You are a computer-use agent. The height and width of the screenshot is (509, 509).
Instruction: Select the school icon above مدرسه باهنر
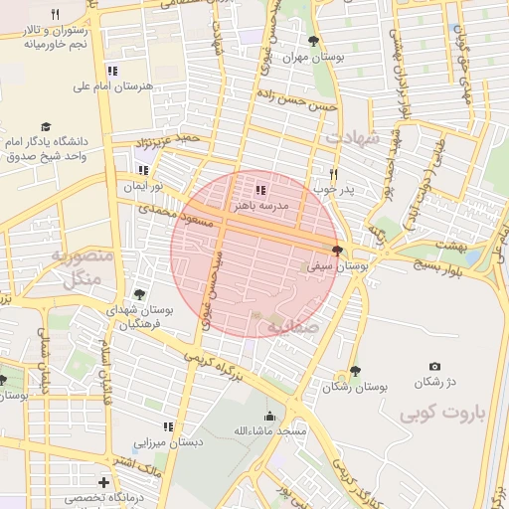tap(260, 189)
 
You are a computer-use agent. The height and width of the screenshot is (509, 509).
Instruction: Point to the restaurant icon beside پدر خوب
tap(334, 172)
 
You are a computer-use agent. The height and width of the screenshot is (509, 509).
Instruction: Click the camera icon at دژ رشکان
tap(433, 367)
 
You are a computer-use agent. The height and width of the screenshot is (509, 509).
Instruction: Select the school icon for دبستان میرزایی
tap(168, 426)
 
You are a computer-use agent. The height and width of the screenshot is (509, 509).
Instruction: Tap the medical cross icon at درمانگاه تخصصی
tap(103, 482)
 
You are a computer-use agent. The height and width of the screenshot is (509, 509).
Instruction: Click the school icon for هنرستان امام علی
tap(111, 71)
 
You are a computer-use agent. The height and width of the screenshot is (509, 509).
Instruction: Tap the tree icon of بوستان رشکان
tap(355, 370)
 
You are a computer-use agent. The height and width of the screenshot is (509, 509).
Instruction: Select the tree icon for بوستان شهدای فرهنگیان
tap(138, 294)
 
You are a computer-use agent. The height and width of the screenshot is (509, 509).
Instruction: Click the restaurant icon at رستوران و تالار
tap(55, 14)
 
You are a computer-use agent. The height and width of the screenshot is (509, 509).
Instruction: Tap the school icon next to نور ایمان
tap(143, 171)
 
